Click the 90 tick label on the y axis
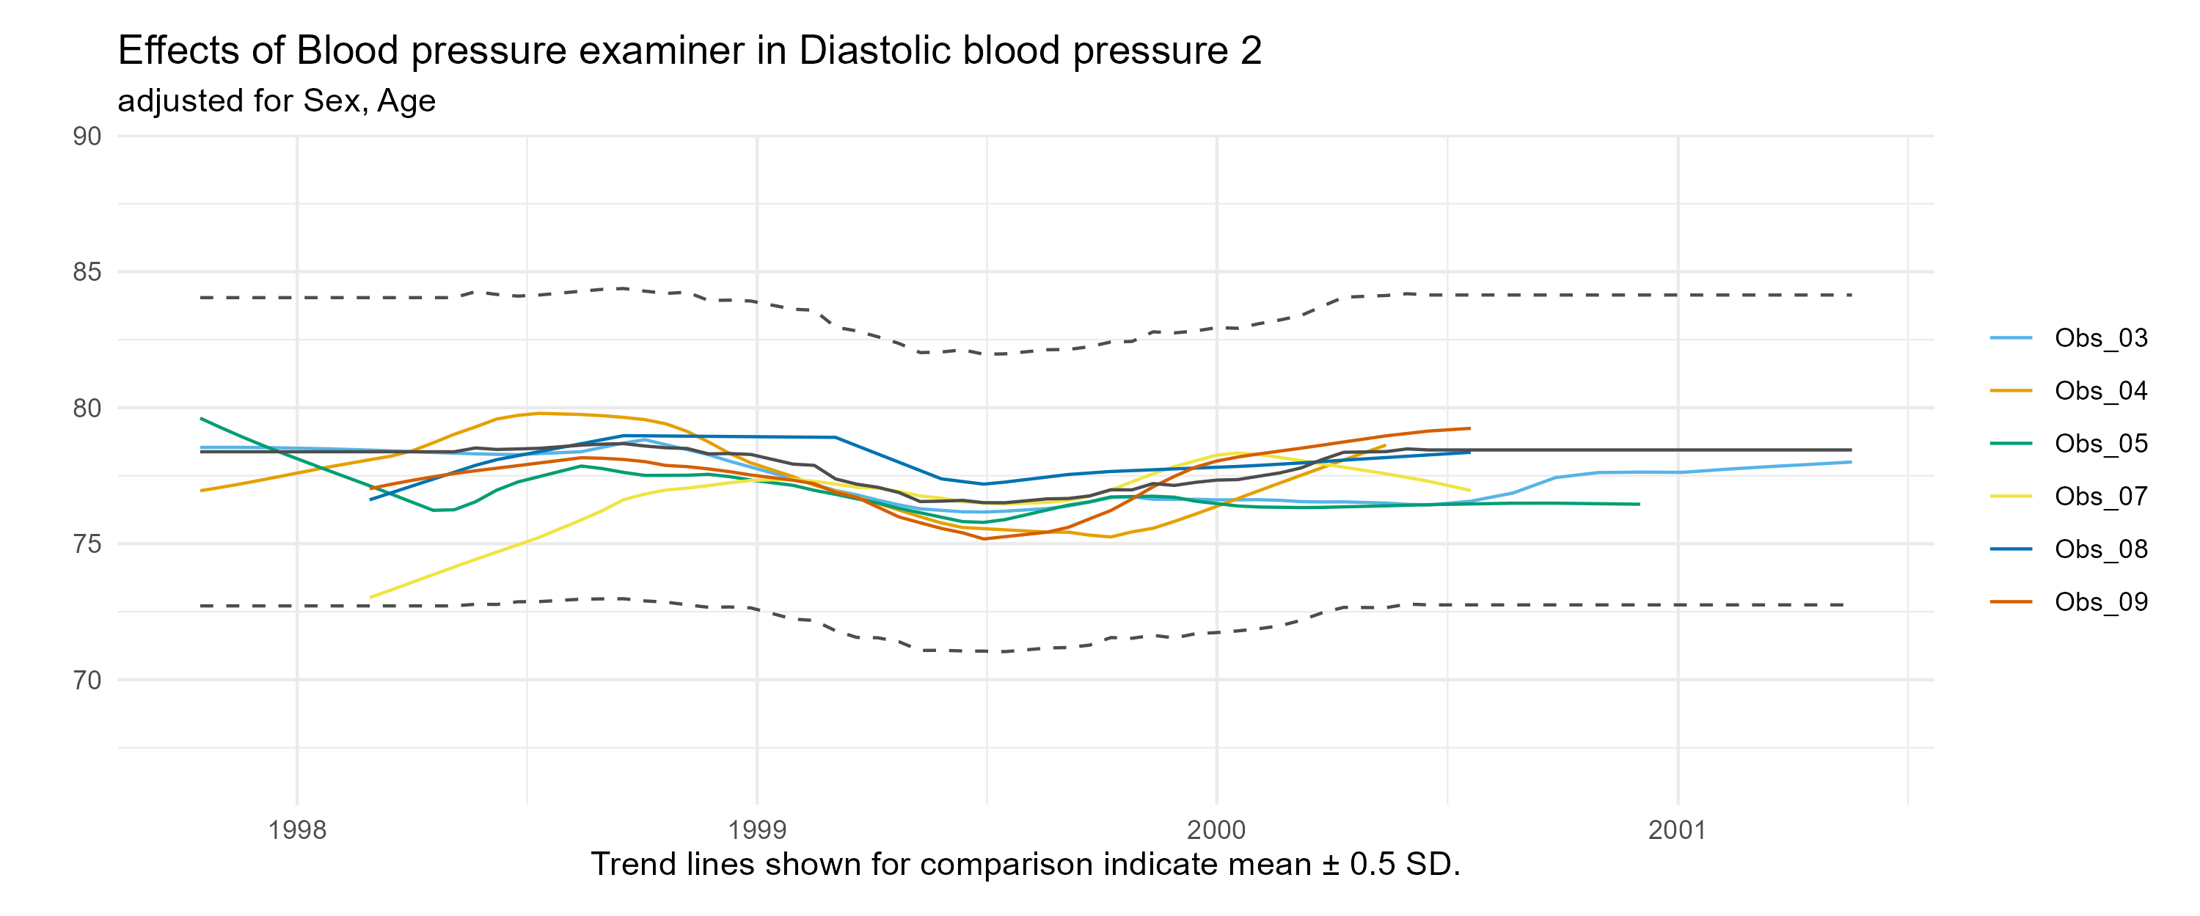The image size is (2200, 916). click(x=87, y=136)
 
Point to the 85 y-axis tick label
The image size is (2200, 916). click(x=87, y=272)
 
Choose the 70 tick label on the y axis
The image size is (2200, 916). click(x=87, y=681)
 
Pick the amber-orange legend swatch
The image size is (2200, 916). click(x=2011, y=391)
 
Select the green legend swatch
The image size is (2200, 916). click(x=2011, y=444)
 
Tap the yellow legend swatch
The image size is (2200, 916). click(x=2011, y=496)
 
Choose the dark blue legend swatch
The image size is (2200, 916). click(x=2011, y=549)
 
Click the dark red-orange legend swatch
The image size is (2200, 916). click(x=2011, y=602)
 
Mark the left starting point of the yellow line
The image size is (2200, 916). click(x=370, y=598)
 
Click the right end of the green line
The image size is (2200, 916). click(x=1639, y=505)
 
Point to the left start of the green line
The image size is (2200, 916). click(x=200, y=418)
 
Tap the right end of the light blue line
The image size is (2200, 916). click(x=1851, y=462)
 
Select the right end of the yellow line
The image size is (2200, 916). click(x=1471, y=491)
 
